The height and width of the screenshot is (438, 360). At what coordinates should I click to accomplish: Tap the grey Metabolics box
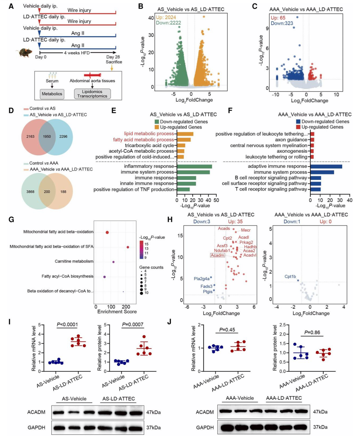click(52, 94)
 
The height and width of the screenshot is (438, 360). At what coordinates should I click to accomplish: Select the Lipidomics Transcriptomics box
click(92, 94)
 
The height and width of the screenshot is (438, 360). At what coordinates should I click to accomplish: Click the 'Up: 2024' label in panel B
click(166, 17)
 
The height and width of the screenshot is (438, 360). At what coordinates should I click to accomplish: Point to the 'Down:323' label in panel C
click(280, 23)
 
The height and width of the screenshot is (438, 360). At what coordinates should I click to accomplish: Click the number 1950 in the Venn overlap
click(47, 136)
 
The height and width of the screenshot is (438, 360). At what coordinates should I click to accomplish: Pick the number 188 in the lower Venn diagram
click(63, 192)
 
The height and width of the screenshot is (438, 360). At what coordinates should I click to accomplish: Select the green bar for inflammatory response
click(194, 166)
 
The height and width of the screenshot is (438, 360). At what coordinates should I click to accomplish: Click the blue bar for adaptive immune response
click(326, 166)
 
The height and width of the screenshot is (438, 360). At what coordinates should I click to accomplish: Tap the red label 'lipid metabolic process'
click(149, 134)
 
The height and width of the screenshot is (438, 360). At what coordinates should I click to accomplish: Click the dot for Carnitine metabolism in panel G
click(113, 262)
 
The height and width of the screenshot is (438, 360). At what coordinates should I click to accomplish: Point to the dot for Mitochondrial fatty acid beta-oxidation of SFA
click(128, 247)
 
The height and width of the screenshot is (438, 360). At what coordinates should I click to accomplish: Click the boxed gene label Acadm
click(217, 255)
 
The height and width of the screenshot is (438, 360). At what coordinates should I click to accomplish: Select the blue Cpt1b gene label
click(290, 276)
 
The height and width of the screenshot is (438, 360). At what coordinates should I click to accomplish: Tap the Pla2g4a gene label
click(202, 279)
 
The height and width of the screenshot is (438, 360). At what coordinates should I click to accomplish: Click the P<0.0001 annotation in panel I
click(67, 324)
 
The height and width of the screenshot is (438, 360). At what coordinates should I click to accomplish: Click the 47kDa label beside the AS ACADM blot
click(153, 412)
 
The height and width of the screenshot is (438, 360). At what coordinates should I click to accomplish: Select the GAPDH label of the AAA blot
click(205, 427)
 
